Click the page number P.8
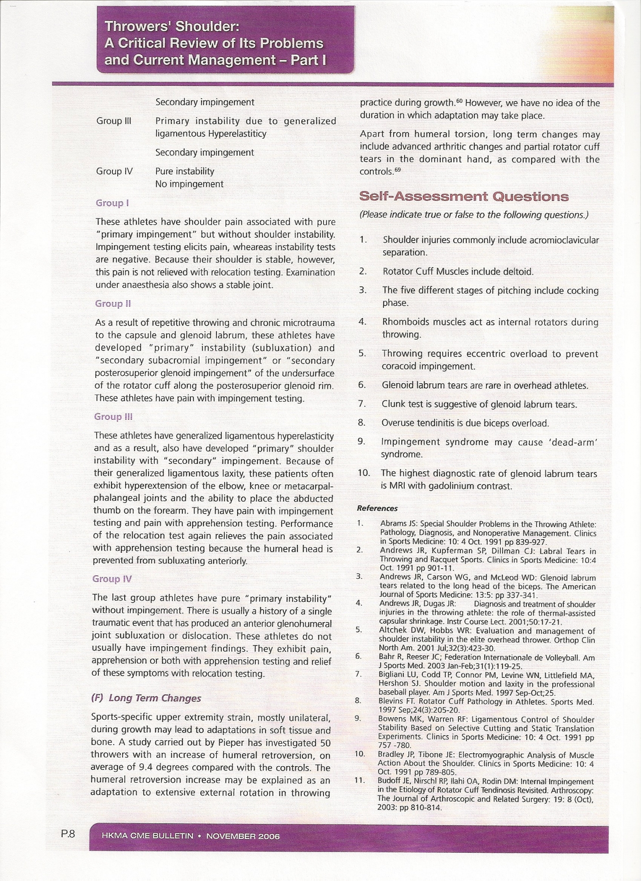[x=68, y=834]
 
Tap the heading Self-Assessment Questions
[x=464, y=196]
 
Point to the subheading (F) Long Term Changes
[x=146, y=698]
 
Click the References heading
[x=377, y=508]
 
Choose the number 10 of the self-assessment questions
[x=364, y=473]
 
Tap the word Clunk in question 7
[x=393, y=404]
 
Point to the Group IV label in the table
[x=114, y=171]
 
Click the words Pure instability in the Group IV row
[x=184, y=171]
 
